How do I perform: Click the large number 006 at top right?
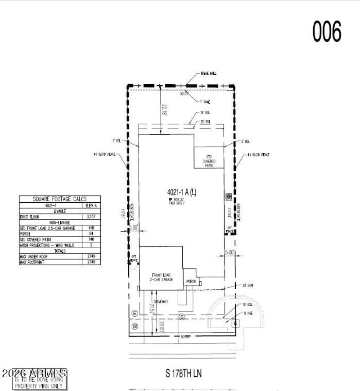327,31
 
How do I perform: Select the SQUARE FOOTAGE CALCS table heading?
59,199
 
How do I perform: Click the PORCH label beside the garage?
190,282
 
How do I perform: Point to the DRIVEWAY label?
161,301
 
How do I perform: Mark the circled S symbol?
182,317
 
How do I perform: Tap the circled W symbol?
134,326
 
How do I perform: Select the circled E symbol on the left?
134,313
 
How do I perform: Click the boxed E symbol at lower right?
234,323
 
